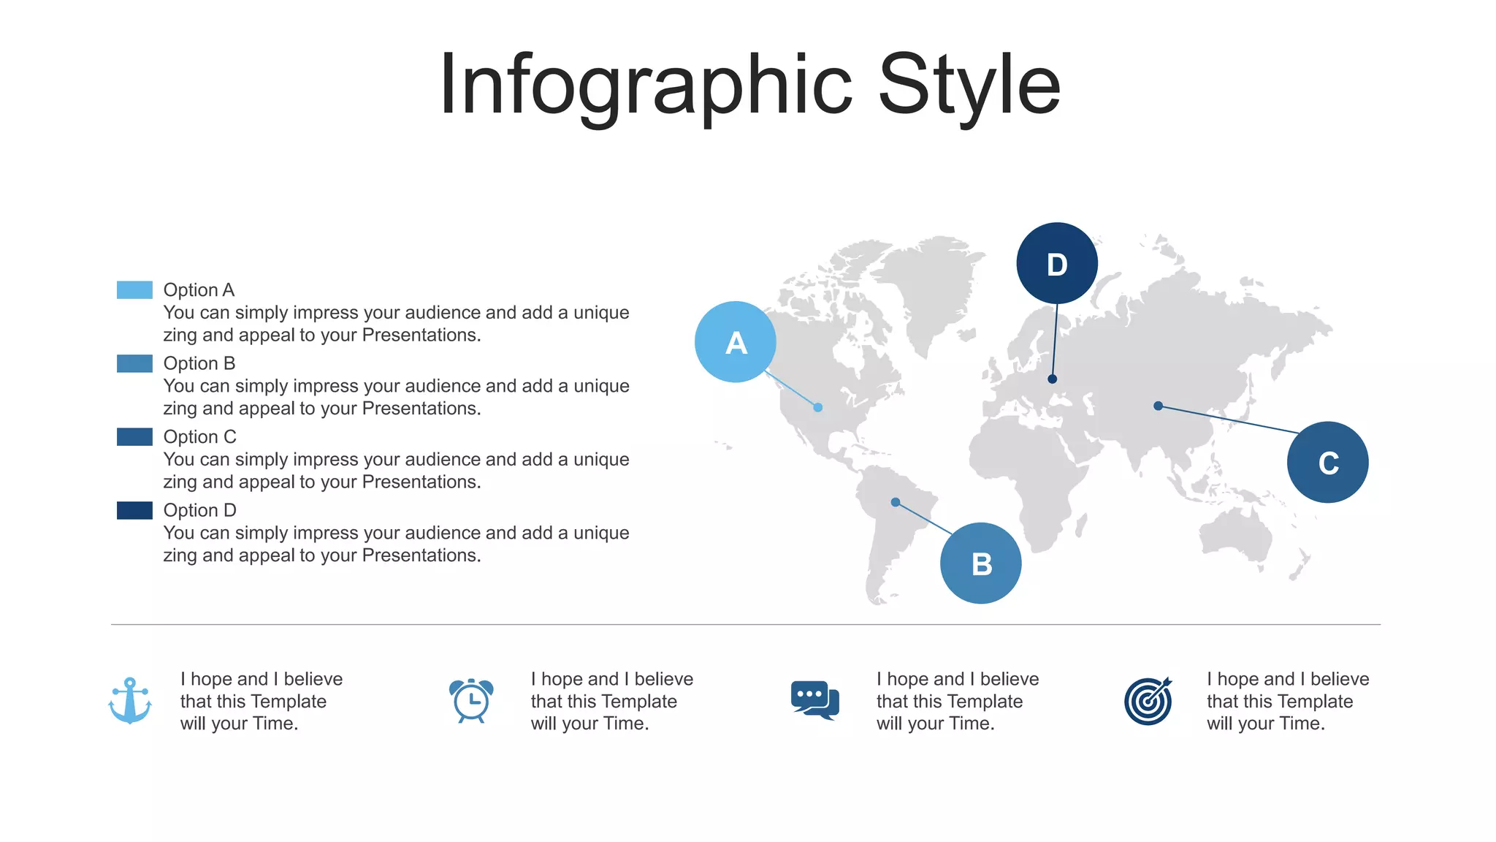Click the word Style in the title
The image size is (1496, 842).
(x=969, y=86)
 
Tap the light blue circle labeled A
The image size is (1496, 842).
(x=736, y=342)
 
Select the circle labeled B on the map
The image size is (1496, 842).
(x=980, y=564)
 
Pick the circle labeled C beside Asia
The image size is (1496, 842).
(x=1327, y=462)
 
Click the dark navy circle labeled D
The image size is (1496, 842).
(x=1056, y=263)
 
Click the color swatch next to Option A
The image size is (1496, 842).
(x=134, y=290)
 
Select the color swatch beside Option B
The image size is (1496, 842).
(x=134, y=363)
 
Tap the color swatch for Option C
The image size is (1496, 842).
(x=134, y=437)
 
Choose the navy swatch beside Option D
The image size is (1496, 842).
(x=134, y=510)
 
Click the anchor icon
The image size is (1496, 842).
(x=130, y=700)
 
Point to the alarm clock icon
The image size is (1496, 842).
(x=471, y=700)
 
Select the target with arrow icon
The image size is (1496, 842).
(x=1148, y=701)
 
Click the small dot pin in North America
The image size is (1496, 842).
(x=818, y=407)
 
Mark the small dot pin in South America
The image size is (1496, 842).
(x=896, y=502)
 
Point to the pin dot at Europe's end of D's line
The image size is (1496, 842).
(x=1052, y=379)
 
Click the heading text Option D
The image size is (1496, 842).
(x=199, y=510)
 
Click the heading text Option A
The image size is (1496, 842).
(x=199, y=290)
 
